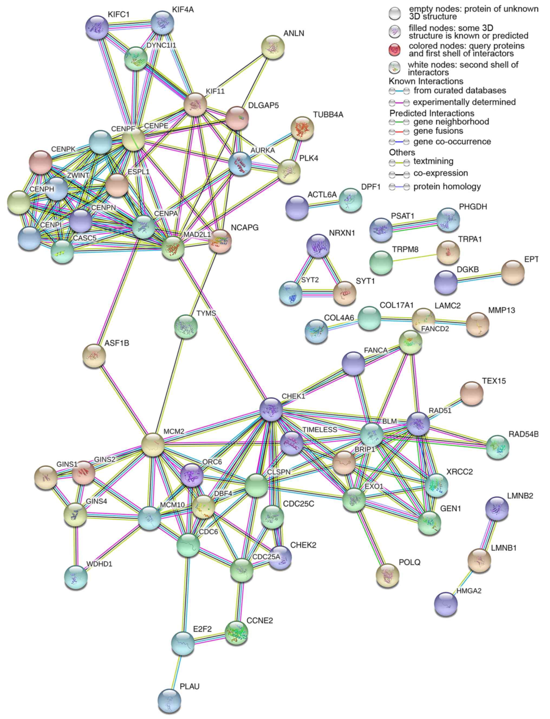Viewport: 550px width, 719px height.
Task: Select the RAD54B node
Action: coord(498,447)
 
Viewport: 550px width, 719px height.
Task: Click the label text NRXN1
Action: coord(342,233)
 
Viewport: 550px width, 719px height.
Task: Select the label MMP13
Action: coord(501,310)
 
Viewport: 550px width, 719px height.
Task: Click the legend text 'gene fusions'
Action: coord(438,131)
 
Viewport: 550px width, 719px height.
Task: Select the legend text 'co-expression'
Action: coord(441,173)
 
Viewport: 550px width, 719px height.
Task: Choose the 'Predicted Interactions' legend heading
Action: coord(431,113)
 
